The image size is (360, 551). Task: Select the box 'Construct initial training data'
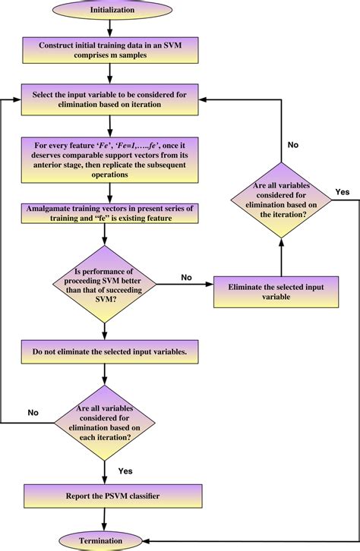click(x=111, y=52)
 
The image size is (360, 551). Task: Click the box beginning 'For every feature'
click(x=111, y=158)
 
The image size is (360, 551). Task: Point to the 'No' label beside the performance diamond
click(x=187, y=277)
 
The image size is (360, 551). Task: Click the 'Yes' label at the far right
click(x=342, y=192)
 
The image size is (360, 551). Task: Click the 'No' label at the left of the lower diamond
click(x=34, y=412)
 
